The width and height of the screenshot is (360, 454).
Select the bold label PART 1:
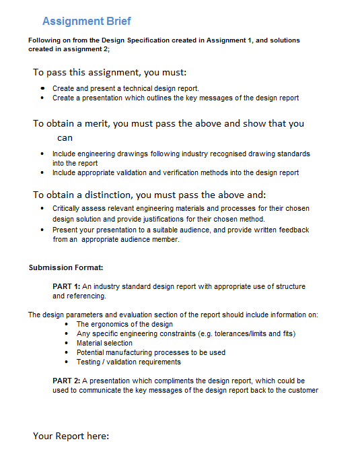coord(67,286)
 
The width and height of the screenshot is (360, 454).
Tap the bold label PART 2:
coord(67,381)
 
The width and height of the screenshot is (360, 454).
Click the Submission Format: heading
coord(66,267)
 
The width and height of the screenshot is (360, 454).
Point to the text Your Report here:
coord(71,436)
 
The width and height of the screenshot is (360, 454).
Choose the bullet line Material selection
coord(104,343)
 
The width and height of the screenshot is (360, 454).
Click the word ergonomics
coord(108,324)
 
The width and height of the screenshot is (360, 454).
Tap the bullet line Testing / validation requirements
coord(129,362)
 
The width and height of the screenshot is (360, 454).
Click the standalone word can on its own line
coord(65,137)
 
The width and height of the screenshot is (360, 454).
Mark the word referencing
coord(86,296)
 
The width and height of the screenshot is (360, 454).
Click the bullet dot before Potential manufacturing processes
coord(68,352)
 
